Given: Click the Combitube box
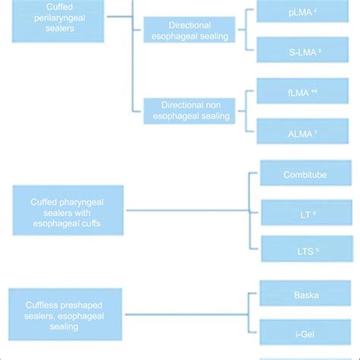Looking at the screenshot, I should [x=305, y=173].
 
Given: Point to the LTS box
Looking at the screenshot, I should [x=305, y=248].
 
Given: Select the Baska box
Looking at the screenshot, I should [x=305, y=293].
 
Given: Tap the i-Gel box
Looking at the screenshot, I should [x=305, y=333].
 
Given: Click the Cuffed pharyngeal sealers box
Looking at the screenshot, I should [x=68, y=210].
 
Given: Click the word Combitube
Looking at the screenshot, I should [x=305, y=173].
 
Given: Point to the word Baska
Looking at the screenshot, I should [x=305, y=293].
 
